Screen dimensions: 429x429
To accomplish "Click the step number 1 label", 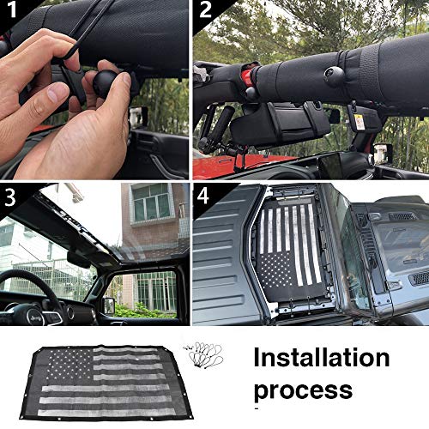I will (x=11, y=11).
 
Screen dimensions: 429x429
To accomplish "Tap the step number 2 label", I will (x=204, y=12).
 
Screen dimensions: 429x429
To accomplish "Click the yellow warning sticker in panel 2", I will (x=360, y=121).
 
